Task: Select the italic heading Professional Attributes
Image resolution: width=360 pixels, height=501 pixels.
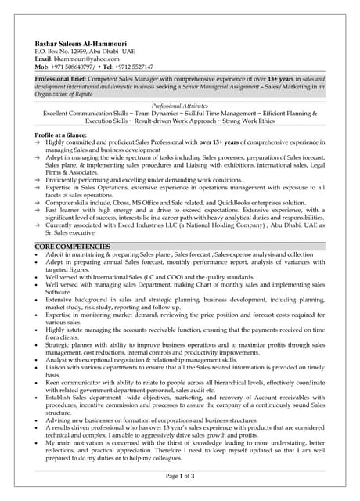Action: pyautogui.click(x=179, y=106)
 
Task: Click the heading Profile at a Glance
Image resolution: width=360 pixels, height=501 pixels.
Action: pyautogui.click(x=66, y=135)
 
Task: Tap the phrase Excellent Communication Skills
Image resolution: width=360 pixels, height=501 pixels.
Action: pyautogui.click(x=87, y=114)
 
